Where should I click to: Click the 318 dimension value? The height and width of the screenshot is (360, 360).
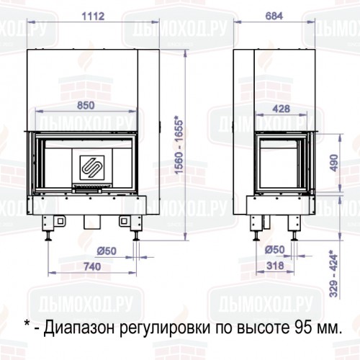pos(275,266)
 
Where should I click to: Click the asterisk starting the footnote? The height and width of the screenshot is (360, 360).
pos(27,325)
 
